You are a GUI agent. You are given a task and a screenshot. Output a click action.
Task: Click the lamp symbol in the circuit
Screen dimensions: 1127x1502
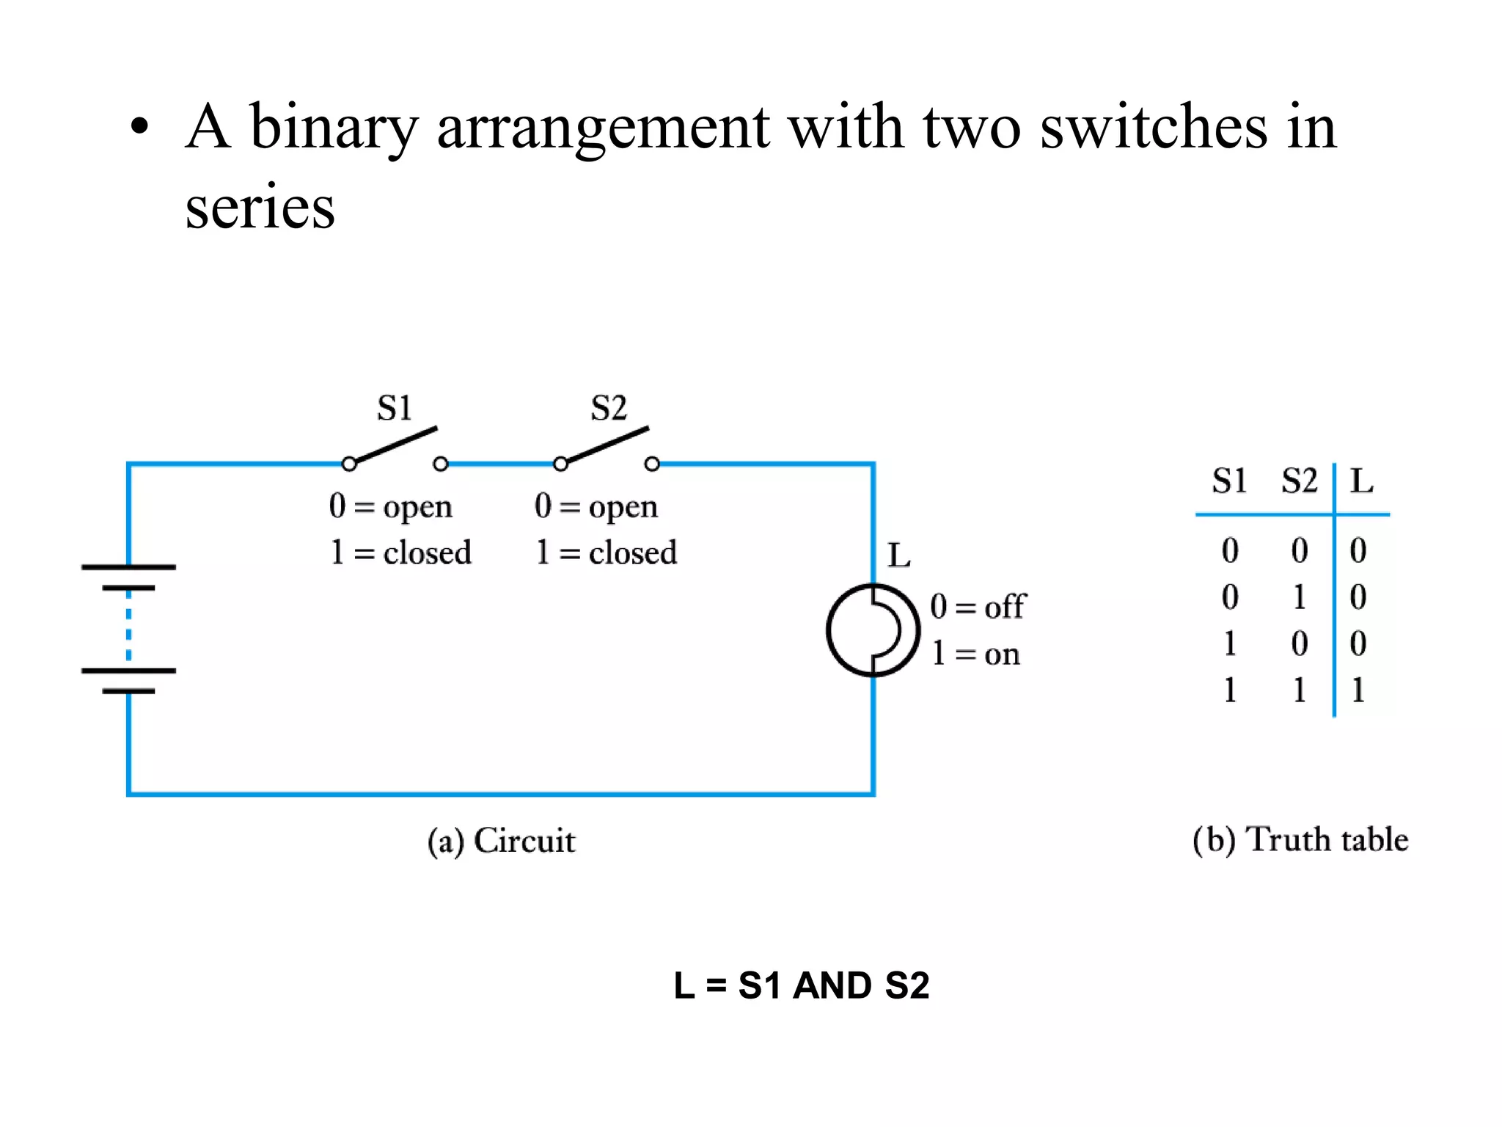click(x=873, y=630)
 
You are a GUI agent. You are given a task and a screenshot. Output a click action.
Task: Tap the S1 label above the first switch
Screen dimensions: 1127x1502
click(x=395, y=408)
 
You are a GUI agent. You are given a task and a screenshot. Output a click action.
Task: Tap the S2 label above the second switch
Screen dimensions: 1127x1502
click(x=609, y=408)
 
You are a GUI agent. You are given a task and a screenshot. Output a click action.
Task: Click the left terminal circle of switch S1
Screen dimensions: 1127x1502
click(x=349, y=464)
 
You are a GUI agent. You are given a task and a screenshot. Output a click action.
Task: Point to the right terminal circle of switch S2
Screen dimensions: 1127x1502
click(x=652, y=464)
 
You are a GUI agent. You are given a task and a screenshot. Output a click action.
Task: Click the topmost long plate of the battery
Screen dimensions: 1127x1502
click(x=128, y=567)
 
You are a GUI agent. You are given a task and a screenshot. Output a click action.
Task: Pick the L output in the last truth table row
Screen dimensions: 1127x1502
click(x=1358, y=690)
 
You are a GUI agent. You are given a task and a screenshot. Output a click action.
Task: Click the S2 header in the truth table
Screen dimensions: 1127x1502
click(x=1299, y=481)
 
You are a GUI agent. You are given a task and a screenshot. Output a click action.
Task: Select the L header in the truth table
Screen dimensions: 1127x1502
click(x=1361, y=481)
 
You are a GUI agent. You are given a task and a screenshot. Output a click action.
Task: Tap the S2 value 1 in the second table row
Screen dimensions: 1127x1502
click(x=1299, y=597)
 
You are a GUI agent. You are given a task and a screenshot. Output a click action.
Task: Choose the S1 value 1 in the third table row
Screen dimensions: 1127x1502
click(x=1230, y=643)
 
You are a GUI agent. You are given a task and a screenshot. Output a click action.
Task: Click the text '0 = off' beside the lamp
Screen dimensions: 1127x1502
click(x=978, y=607)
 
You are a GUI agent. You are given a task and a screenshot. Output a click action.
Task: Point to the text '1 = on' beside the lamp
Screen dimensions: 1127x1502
click(x=975, y=653)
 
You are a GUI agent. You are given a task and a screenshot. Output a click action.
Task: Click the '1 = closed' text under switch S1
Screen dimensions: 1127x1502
click(x=400, y=552)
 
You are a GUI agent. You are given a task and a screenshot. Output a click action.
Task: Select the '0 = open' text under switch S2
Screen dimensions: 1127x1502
click(x=596, y=506)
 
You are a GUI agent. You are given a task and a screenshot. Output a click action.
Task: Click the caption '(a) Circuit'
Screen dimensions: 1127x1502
click(x=502, y=841)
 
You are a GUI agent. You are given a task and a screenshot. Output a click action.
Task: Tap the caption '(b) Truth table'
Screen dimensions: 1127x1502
click(x=1300, y=839)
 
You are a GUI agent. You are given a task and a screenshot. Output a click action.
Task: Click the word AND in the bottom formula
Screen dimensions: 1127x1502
click(x=832, y=985)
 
